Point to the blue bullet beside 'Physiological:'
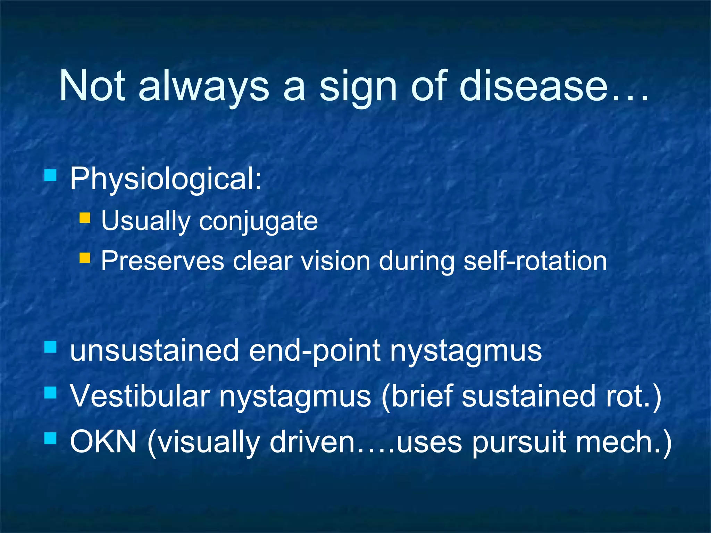tap(50, 175)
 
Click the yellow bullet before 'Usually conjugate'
tap(85, 218)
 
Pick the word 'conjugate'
tap(258, 222)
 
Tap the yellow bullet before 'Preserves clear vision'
tap(85, 258)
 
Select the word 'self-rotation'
tap(535, 261)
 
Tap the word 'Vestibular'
tap(140, 396)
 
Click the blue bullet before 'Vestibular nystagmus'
tap(50, 393)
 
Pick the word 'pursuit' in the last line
tap(519, 445)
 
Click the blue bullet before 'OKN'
tap(50, 439)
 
